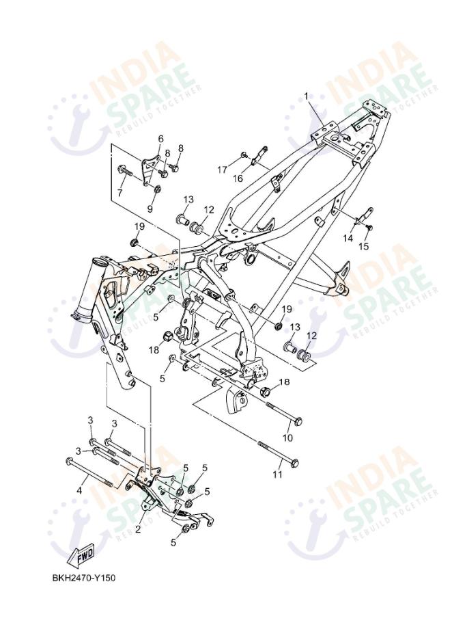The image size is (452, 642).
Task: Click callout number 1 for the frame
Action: coord(307,97)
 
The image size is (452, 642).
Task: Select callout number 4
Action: coord(79,490)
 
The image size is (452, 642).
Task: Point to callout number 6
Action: coord(161,139)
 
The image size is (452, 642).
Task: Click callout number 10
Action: coord(287,437)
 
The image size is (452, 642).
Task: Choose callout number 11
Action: coord(278,473)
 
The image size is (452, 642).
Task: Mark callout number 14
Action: coord(348,238)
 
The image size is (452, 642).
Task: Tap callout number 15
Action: coord(364,246)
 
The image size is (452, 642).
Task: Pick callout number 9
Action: coord(151,208)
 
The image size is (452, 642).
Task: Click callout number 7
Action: coord(120,193)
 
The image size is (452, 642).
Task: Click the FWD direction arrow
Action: coord(81,554)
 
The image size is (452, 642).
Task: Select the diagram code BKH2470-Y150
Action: coord(84,578)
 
